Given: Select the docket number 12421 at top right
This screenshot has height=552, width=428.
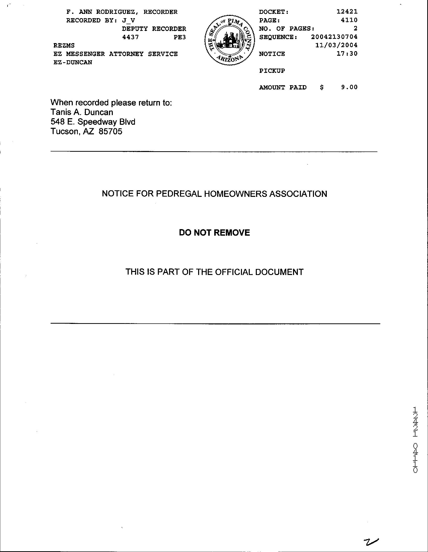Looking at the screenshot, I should (x=347, y=11).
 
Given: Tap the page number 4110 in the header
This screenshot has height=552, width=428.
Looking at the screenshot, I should (x=349, y=20).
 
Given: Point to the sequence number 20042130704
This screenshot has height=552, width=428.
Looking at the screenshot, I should (x=334, y=37).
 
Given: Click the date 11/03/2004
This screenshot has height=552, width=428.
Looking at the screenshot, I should (x=336, y=45).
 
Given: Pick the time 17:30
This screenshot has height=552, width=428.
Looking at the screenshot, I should (x=347, y=54).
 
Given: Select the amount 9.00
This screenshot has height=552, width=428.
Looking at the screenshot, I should (x=349, y=87).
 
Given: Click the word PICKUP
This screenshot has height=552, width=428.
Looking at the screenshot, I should (x=272, y=71).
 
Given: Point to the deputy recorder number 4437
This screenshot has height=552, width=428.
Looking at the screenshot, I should (x=130, y=37).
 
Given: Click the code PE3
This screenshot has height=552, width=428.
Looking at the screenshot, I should (x=180, y=37).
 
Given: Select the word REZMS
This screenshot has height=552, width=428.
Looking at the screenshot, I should (x=64, y=45).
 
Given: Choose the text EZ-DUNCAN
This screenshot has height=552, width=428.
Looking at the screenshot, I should (x=73, y=62).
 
